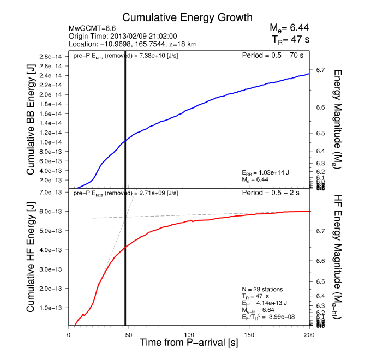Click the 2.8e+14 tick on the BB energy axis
[52, 56]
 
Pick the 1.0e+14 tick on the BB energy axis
[52, 142]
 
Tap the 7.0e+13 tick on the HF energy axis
[52, 192]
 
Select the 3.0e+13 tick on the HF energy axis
[52, 269]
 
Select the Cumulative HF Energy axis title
[31, 259]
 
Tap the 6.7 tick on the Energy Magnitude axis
[320, 70]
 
